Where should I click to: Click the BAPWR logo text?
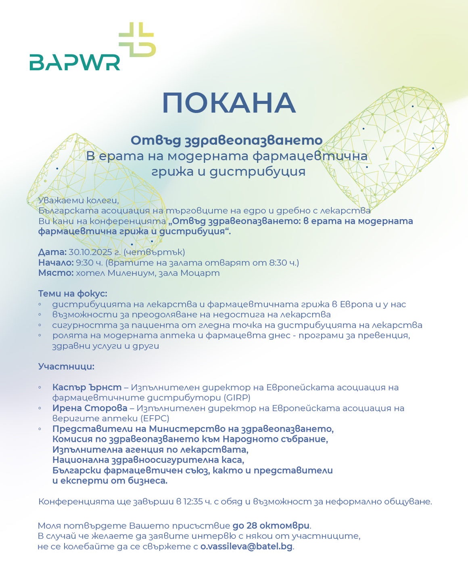pos(75,62)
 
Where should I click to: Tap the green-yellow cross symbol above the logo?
pos(137,40)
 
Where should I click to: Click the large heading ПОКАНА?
pos(229,103)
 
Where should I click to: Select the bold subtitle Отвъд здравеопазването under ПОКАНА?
pos(226,140)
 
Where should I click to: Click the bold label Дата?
pos(52,252)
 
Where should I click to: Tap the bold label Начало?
pos(56,263)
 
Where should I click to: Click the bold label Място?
pos(56,273)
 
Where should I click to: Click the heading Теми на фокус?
pos(73,294)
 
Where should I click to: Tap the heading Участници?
pos(66,367)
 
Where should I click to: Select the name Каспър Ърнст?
pos(87,387)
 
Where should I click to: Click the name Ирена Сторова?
pos(90,408)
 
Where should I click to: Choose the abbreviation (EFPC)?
pos(155,418)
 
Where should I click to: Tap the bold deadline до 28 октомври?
pos(271,526)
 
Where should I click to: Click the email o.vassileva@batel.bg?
pos(246,546)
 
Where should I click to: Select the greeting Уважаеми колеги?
pos(79,200)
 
